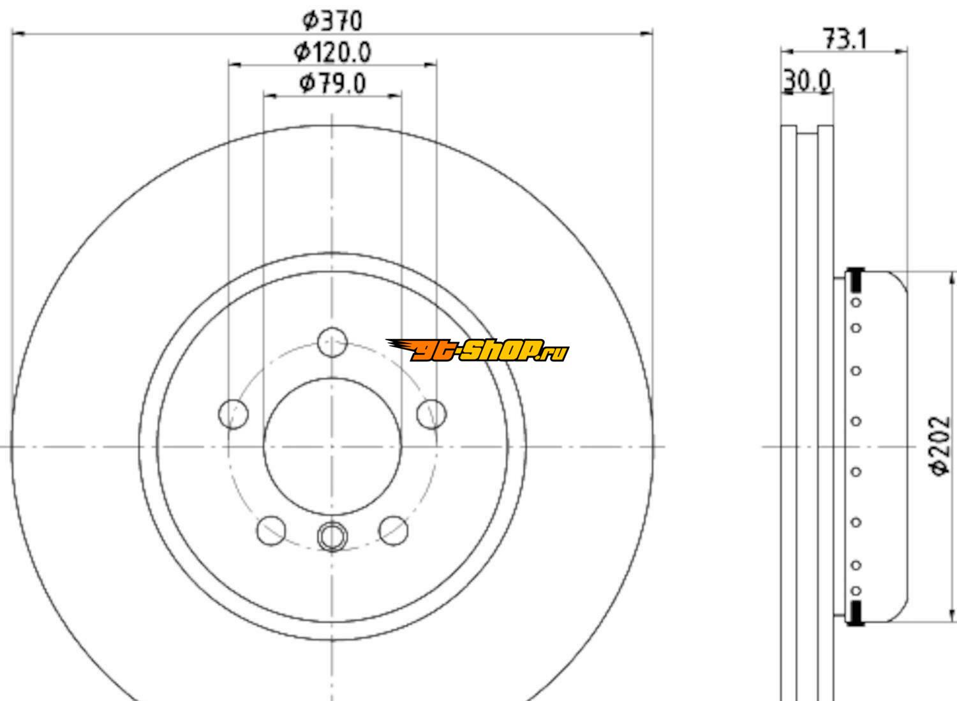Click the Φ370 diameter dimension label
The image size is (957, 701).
click(x=332, y=21)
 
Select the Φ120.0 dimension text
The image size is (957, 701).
click(x=332, y=52)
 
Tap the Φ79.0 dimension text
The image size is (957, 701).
click(x=332, y=84)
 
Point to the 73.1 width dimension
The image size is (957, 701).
click(x=845, y=39)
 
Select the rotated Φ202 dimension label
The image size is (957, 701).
click(x=940, y=446)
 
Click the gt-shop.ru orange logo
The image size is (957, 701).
click(x=478, y=350)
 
